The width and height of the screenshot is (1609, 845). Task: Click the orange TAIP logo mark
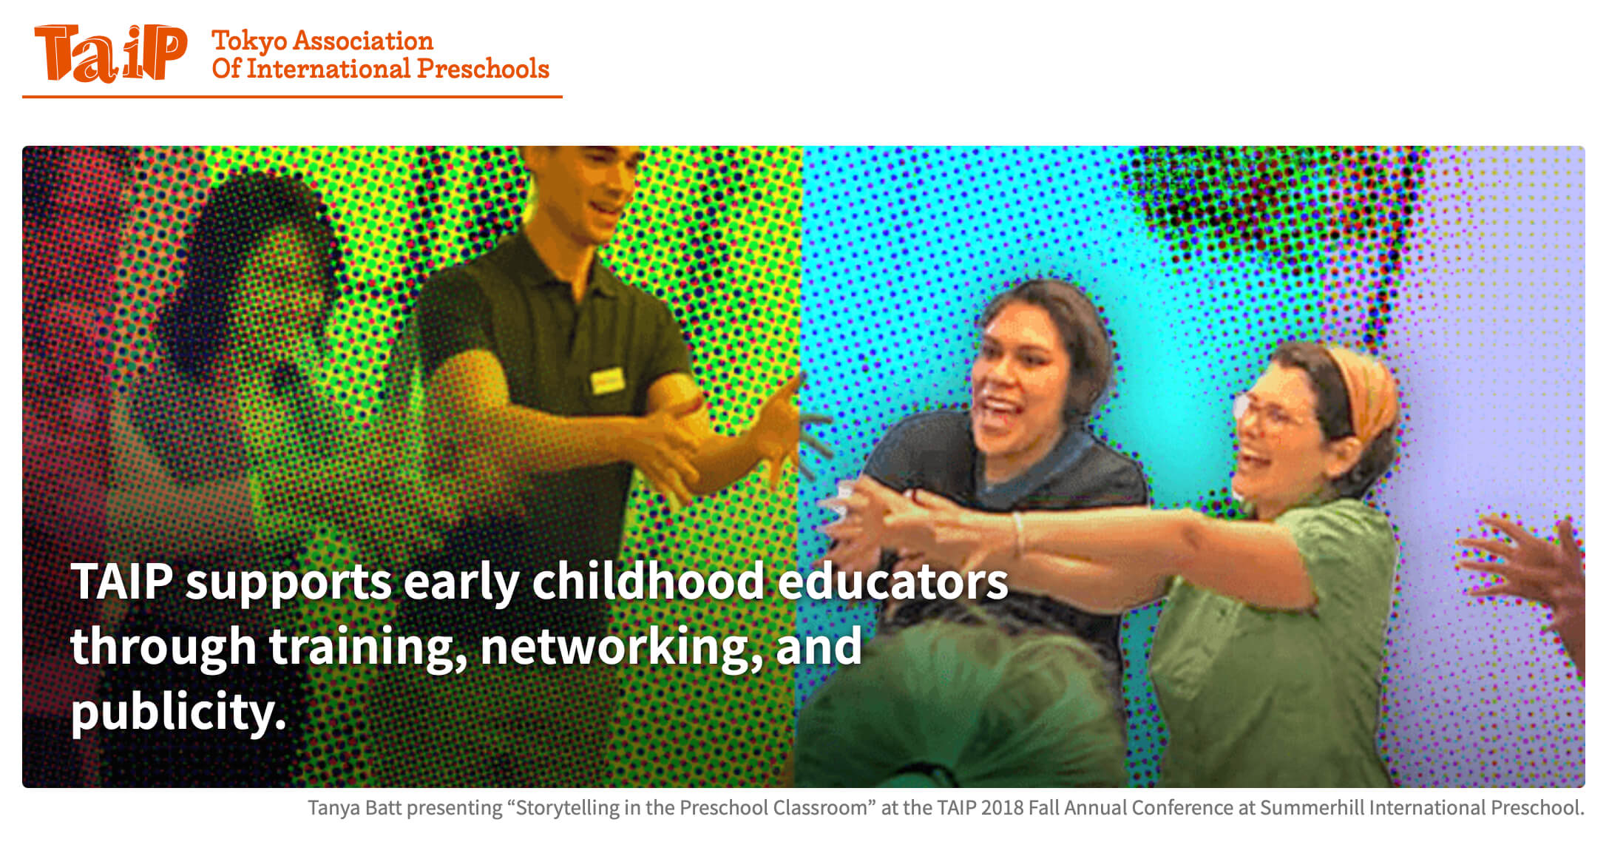[110, 53]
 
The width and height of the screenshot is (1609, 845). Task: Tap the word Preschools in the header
[483, 69]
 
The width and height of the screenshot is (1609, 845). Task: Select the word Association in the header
[363, 41]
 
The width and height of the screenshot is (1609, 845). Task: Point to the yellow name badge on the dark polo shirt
[607, 380]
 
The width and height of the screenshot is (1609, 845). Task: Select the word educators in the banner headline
[892, 582]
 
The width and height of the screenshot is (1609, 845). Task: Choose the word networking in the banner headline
[620, 647]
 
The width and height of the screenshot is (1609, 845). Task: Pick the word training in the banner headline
[366, 647]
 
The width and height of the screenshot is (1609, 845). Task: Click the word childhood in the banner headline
[648, 582]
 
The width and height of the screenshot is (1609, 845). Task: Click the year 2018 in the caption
[1002, 807]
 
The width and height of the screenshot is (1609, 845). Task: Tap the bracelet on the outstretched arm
[1020, 533]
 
